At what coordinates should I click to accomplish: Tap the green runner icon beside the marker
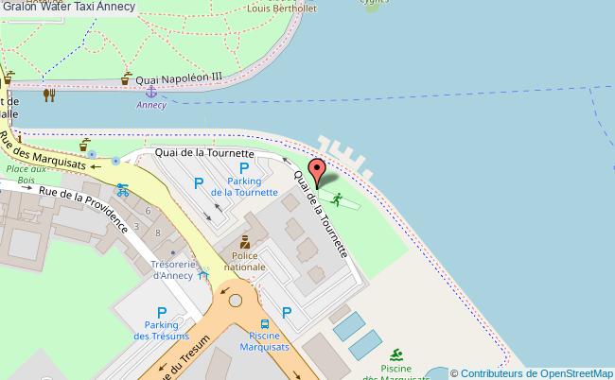click(336, 199)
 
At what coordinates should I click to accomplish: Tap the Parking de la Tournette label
click(244, 185)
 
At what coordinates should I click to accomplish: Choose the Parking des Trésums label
click(161, 331)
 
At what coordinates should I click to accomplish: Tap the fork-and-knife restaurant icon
click(49, 94)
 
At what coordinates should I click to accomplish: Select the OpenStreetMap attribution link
click(531, 372)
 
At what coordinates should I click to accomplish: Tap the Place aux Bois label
click(19, 175)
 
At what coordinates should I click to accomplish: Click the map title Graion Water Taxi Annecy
click(68, 7)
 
